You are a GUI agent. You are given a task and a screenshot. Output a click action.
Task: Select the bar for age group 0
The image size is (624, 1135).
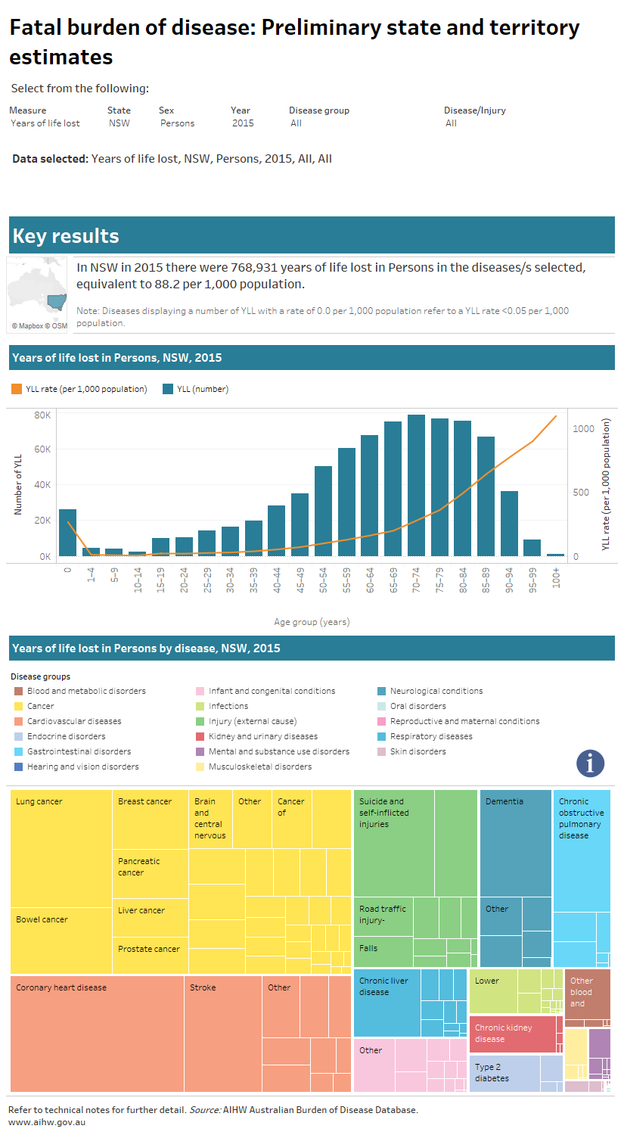pyautogui.click(x=67, y=533)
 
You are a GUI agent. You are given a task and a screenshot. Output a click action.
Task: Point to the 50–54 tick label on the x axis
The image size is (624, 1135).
pyautogui.click(x=324, y=580)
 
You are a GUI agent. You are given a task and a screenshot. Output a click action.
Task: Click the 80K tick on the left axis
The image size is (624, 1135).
pyautogui.click(x=42, y=415)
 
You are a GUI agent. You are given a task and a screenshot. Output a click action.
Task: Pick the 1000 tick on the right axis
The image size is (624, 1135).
pyautogui.click(x=583, y=429)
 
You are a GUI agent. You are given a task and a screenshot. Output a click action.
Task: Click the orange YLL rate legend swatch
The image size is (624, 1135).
pyautogui.click(x=17, y=389)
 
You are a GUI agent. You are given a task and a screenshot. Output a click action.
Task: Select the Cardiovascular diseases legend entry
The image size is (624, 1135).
pyautogui.click(x=74, y=721)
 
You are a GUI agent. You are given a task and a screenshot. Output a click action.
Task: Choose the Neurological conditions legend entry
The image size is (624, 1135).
pyautogui.click(x=436, y=691)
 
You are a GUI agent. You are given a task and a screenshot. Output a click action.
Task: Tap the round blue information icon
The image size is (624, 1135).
pyautogui.click(x=590, y=763)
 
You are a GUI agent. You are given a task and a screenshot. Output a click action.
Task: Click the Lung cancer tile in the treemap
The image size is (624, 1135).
pyautogui.click(x=61, y=847)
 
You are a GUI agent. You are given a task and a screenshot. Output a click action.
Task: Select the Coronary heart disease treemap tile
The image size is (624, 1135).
pyautogui.click(x=97, y=1033)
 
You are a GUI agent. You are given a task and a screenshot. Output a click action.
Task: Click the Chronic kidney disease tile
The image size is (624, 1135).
pyautogui.click(x=515, y=1034)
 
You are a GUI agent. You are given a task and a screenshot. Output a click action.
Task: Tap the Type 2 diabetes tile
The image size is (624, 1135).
pyautogui.click(x=504, y=1073)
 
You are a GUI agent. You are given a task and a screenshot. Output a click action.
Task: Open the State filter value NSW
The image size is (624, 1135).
pyautogui.click(x=120, y=123)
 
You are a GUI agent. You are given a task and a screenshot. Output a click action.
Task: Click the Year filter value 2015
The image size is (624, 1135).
pyautogui.click(x=243, y=123)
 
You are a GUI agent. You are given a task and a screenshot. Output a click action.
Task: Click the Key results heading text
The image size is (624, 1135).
pyautogui.click(x=66, y=236)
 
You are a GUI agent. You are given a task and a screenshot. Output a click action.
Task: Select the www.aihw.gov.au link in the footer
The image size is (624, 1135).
pyautogui.click(x=47, y=1122)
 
